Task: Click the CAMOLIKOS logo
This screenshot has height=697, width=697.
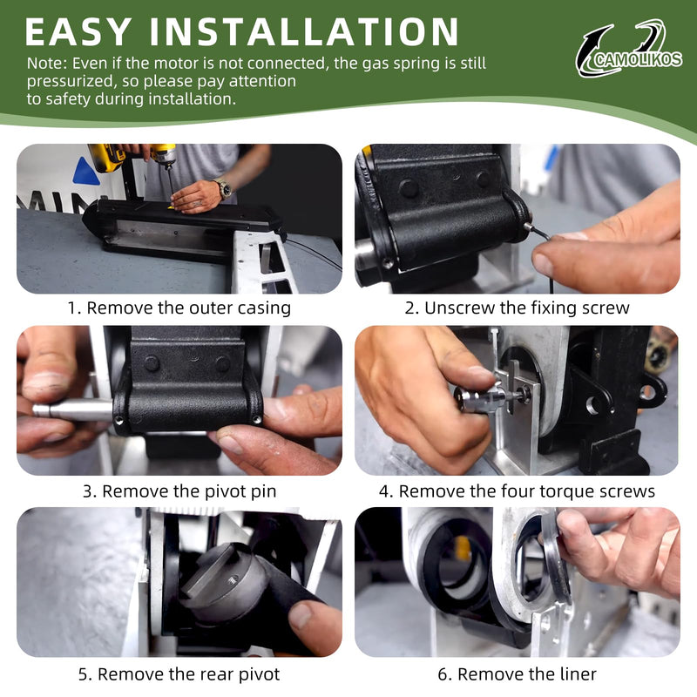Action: pyautogui.click(x=628, y=49)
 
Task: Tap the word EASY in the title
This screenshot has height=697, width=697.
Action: pyautogui.click(x=78, y=31)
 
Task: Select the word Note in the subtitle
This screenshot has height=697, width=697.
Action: pyautogui.click(x=47, y=63)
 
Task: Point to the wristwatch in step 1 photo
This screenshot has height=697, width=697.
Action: pyautogui.click(x=224, y=188)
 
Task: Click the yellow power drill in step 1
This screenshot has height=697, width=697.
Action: pyautogui.click(x=132, y=158)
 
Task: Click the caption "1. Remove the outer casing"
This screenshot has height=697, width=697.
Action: pyautogui.click(x=179, y=308)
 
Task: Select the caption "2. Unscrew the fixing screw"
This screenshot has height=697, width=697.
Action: pyautogui.click(x=517, y=308)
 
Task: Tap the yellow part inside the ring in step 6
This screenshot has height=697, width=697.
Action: pyautogui.click(x=463, y=547)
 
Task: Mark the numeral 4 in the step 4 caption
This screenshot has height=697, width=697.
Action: pyautogui.click(x=383, y=492)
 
